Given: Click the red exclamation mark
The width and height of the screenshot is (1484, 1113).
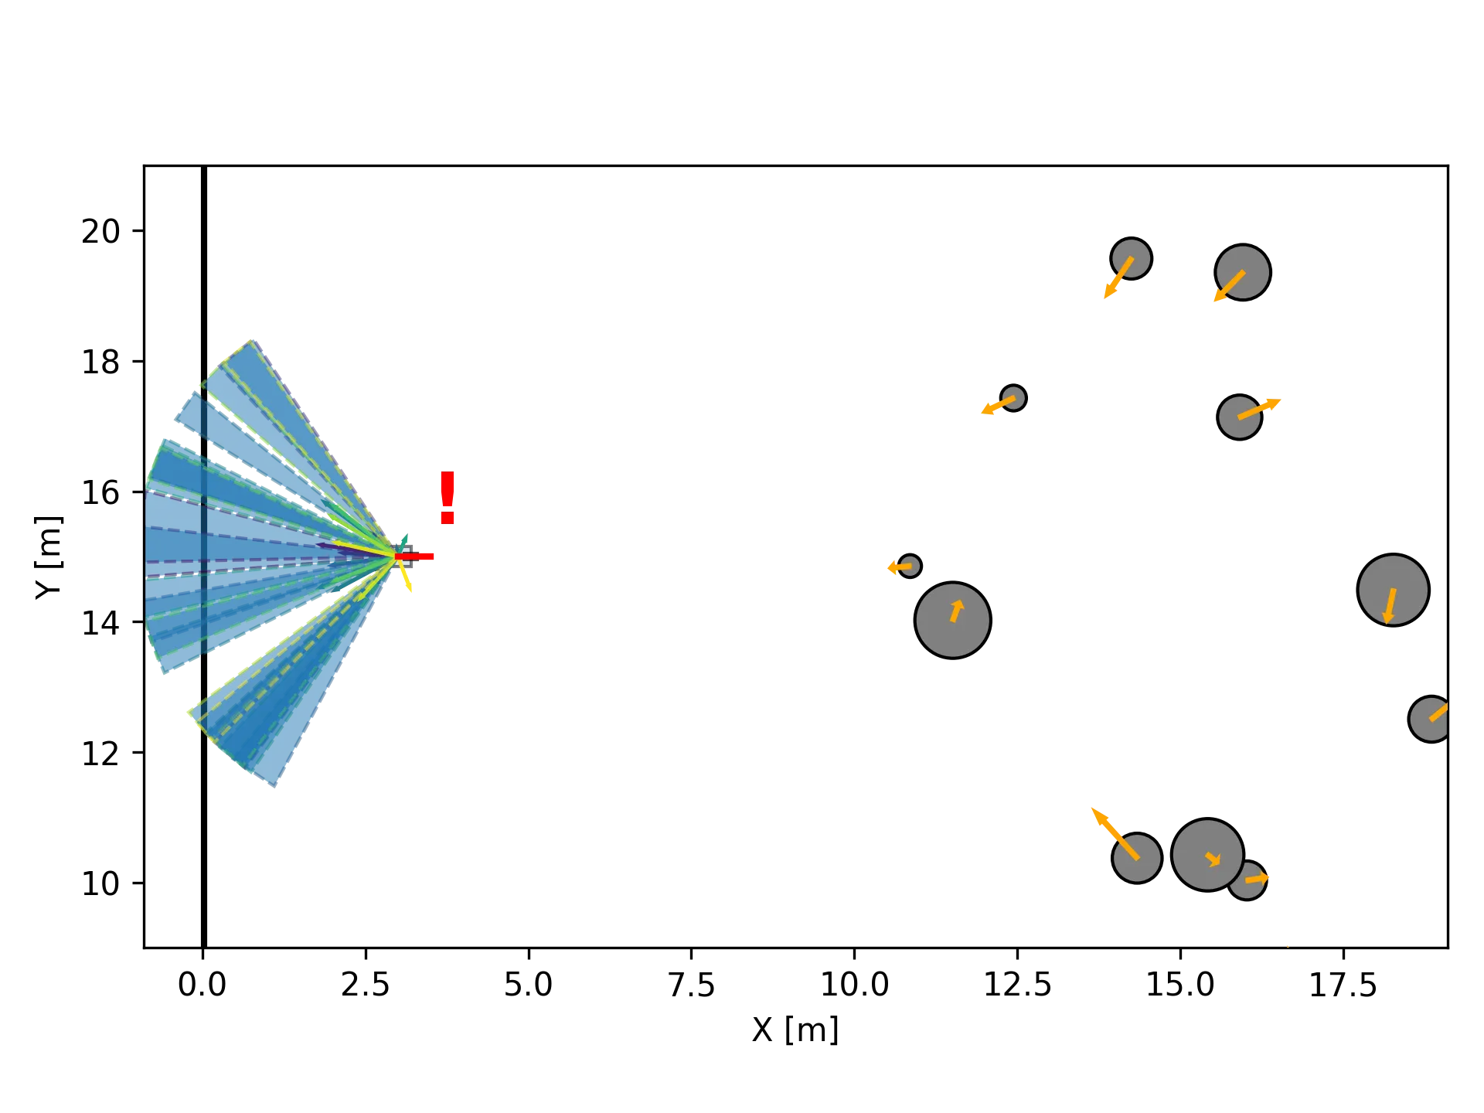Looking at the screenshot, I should [448, 497].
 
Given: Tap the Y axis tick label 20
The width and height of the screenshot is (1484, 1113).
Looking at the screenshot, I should [101, 232].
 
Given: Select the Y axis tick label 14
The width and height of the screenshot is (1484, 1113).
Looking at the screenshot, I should [101, 622].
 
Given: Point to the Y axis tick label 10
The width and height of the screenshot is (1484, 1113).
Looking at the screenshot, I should [101, 882].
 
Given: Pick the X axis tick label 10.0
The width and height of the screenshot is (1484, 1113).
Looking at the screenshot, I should [855, 985].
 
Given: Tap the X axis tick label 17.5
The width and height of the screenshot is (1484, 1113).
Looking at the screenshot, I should [1345, 985].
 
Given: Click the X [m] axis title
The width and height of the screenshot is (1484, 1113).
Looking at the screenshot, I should [794, 1032].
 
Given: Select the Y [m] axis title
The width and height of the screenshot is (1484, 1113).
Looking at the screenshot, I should [49, 558].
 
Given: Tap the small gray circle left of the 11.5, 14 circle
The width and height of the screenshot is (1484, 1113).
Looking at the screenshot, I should [910, 567].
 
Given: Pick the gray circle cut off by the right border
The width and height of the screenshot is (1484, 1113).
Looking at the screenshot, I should [1430, 719].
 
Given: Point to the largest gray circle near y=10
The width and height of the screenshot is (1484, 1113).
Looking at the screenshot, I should [1207, 855].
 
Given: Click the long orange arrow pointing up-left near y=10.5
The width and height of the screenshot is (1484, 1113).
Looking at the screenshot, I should [1113, 832].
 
